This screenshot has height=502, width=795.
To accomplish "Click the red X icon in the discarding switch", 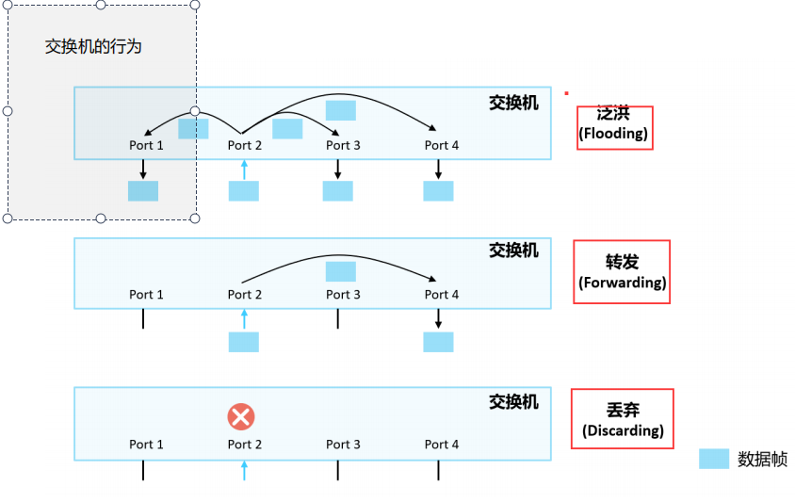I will (241, 416).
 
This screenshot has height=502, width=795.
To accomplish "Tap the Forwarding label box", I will (622, 272).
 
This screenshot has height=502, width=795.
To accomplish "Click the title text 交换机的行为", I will (93, 46).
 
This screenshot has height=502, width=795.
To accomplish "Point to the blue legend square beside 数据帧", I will (714, 459).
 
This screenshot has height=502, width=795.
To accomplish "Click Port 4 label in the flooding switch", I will (442, 145).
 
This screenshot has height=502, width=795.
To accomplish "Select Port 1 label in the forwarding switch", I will (146, 295).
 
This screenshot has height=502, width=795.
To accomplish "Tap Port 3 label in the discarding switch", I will (343, 445).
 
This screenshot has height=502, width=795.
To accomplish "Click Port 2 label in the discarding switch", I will (244, 445).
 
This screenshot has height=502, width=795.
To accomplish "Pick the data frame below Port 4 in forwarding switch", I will (438, 342).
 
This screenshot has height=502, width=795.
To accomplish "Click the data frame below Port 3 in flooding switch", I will (337, 191).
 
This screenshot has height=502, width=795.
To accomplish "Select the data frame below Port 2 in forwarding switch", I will (243, 342).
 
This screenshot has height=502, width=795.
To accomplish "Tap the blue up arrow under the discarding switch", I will (244, 469).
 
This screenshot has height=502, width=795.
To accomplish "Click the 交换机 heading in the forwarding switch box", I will (513, 251).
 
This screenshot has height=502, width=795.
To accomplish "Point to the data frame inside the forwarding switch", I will (341, 271).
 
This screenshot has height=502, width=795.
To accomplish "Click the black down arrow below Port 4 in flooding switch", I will (438, 169).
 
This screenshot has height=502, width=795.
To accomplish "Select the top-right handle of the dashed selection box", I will (195, 5).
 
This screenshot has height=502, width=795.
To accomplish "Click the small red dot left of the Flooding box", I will (566, 93).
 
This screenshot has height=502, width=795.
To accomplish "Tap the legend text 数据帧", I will (762, 460).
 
